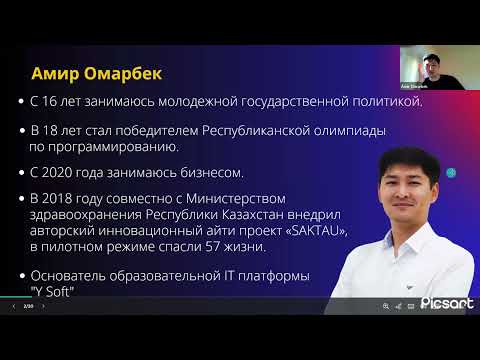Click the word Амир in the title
pos(57,75)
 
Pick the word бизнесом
pos(202,173)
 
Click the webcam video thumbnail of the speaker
pos(428,70)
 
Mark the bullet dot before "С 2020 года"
pos(22,173)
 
